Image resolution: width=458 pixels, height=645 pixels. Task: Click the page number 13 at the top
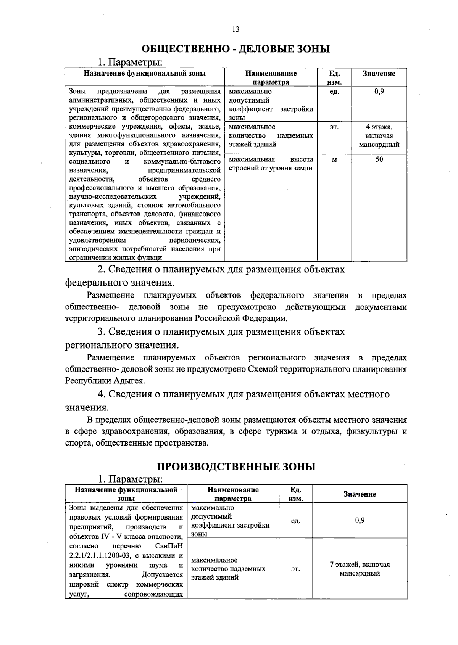pyautogui.click(x=235, y=29)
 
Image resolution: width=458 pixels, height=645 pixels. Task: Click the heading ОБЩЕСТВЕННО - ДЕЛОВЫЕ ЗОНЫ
pyautogui.click(x=235, y=49)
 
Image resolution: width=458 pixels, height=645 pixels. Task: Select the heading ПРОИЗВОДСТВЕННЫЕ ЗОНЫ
pyautogui.click(x=236, y=466)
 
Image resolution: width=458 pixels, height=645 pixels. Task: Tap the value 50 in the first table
pyautogui.click(x=379, y=159)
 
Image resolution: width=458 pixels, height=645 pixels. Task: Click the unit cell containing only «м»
pyautogui.click(x=334, y=160)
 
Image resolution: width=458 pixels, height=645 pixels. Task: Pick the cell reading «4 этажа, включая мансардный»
pyautogui.click(x=379, y=136)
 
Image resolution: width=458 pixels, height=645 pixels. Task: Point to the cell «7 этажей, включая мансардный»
pyautogui.click(x=360, y=569)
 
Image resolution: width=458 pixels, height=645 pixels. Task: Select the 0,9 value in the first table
pyautogui.click(x=379, y=92)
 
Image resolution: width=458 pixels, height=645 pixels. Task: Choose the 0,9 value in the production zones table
pyautogui.click(x=360, y=520)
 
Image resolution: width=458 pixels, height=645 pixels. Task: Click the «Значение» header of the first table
pyautogui.click(x=379, y=74)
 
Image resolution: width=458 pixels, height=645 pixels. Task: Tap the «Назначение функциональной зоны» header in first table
pyautogui.click(x=145, y=73)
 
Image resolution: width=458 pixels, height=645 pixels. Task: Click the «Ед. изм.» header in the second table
pyautogui.click(x=296, y=494)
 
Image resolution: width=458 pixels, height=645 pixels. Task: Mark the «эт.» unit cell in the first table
pyautogui.click(x=334, y=127)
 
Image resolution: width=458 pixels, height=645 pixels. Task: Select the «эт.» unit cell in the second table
pyautogui.click(x=296, y=569)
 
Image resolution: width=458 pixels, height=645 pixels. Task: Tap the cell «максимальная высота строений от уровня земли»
pyautogui.click(x=271, y=164)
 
